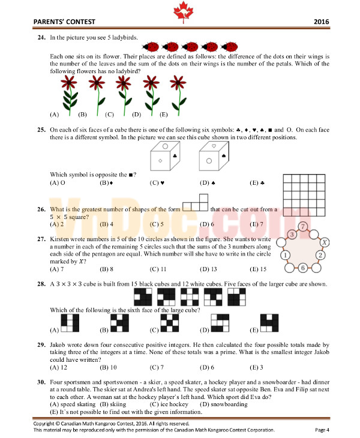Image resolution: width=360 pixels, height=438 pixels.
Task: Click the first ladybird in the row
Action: tap(152, 45)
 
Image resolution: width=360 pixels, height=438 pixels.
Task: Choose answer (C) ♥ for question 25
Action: tap(158, 182)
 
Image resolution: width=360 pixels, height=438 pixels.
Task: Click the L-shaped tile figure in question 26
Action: tap(196, 205)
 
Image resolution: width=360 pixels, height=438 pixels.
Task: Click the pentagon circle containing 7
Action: tap(304, 226)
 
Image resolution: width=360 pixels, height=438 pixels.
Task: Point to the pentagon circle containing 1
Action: tap(286, 256)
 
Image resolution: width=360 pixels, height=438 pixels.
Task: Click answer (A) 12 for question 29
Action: tap(58, 367)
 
